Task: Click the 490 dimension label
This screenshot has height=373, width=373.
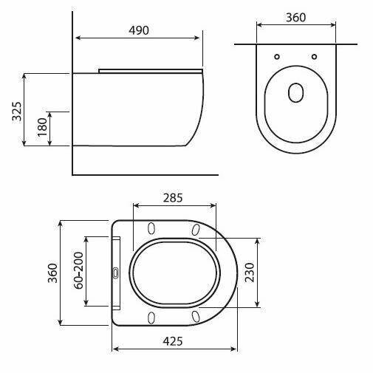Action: point(139,30)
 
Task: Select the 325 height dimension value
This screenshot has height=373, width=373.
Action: point(17,111)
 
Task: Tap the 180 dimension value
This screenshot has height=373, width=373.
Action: point(42,127)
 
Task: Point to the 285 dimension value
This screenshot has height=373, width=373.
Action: point(173,198)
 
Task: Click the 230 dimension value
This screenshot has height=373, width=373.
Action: point(250,273)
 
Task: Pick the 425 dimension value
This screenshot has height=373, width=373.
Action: point(173,341)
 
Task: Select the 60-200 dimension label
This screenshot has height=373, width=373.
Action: point(79,270)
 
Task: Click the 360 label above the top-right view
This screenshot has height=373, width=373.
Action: point(296,18)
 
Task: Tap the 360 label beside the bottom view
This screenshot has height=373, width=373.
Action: point(52,273)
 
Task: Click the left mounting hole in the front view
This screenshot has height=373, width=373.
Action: point(277,57)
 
